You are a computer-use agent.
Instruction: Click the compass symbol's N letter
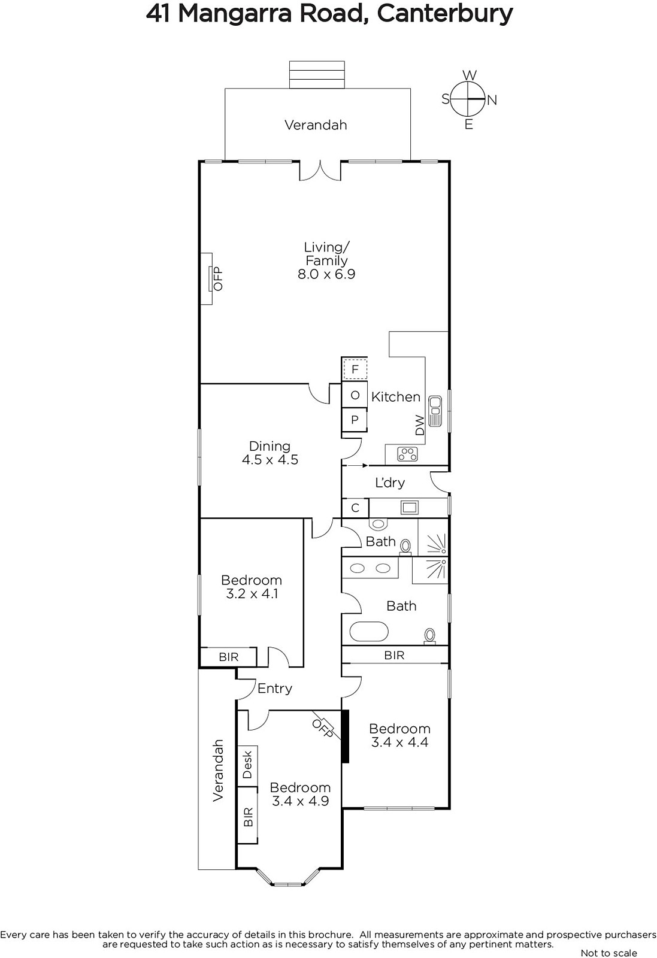(x=492, y=101)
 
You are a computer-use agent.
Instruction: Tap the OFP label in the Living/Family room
(x=218, y=279)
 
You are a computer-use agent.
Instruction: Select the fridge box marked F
(x=355, y=369)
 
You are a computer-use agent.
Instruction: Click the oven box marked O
(x=355, y=395)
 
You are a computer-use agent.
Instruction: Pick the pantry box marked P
(x=355, y=420)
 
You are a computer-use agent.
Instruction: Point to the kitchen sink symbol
(x=435, y=411)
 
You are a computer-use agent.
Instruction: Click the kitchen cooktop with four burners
(x=407, y=454)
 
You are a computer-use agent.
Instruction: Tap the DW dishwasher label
(x=420, y=425)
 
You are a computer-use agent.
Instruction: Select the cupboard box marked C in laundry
(x=355, y=508)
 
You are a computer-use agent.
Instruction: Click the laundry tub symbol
(x=409, y=508)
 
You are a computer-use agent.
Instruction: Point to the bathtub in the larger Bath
(x=369, y=632)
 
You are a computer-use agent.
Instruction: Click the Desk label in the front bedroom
(x=247, y=765)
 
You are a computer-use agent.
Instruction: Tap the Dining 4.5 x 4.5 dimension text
(x=270, y=460)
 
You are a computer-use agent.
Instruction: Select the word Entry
(x=275, y=689)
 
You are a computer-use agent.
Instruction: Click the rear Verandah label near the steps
(x=316, y=125)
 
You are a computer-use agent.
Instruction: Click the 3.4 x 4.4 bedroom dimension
(x=399, y=742)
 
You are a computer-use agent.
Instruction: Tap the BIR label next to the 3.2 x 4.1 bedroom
(x=228, y=657)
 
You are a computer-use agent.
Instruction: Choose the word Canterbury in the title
(x=445, y=14)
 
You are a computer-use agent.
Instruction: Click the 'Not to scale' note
(x=608, y=953)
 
